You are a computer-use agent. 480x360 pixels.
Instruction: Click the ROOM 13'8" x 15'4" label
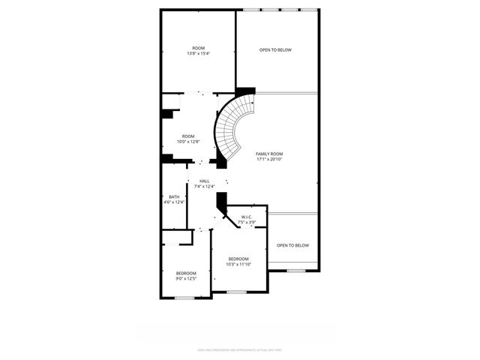[x=198, y=51]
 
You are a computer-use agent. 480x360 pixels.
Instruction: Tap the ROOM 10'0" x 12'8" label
[x=187, y=139]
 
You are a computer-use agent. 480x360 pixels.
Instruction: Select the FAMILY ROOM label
[x=269, y=154]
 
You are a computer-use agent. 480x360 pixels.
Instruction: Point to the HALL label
[x=204, y=181]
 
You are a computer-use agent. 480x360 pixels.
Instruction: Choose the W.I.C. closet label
[x=247, y=217]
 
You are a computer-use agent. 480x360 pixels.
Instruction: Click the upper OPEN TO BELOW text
[x=275, y=50]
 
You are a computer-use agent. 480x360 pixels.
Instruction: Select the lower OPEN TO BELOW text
[x=292, y=245]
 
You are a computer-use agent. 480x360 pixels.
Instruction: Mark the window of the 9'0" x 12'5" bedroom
[x=184, y=298]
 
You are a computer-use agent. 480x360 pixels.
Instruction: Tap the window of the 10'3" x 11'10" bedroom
[x=236, y=292]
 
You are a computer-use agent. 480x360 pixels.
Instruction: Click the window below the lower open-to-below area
[x=296, y=270]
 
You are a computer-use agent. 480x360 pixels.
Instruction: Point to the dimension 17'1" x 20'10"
[x=269, y=159]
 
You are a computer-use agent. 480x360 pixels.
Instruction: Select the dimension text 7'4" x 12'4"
[x=204, y=186]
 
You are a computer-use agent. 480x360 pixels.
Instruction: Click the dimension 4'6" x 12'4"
[x=173, y=202]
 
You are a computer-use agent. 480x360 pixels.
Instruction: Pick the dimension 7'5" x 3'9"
[x=247, y=223]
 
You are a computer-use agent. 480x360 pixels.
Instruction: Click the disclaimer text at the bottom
[x=239, y=349]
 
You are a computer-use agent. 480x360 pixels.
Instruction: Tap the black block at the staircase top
[x=245, y=91]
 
